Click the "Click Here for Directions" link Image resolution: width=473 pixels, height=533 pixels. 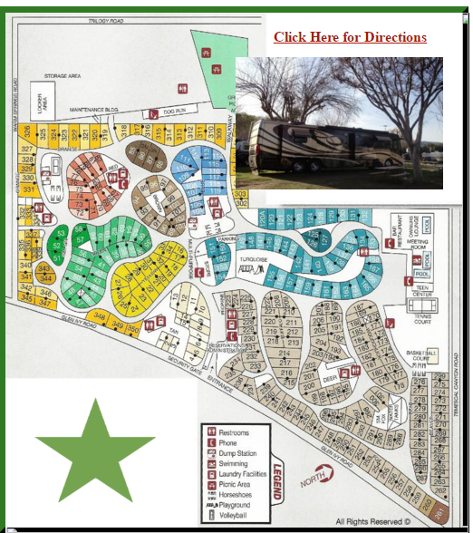click(x=350, y=37)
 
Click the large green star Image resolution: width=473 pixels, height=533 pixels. click(x=94, y=449)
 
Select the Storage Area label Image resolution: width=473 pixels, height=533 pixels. click(x=62, y=76)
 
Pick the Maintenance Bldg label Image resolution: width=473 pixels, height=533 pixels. click(x=94, y=109)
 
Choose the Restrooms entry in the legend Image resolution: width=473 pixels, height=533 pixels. click(x=234, y=433)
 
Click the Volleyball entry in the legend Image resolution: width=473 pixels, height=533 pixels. click(x=233, y=515)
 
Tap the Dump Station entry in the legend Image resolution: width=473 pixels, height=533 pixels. click(x=238, y=453)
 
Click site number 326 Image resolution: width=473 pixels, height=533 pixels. click(x=27, y=137)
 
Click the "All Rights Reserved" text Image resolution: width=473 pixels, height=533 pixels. click(x=372, y=521)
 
